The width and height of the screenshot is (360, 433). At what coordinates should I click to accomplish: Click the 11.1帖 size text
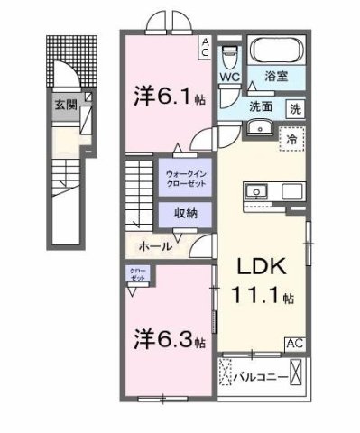click(x=263, y=297)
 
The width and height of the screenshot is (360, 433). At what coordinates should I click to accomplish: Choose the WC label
click(x=230, y=78)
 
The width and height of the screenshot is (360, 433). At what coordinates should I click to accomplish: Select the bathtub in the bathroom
click(x=276, y=51)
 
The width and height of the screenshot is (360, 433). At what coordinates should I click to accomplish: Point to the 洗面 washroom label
click(x=263, y=107)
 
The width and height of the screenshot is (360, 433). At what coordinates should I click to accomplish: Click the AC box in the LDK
click(x=295, y=343)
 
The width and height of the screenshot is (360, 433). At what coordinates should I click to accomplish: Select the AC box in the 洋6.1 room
click(x=206, y=47)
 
